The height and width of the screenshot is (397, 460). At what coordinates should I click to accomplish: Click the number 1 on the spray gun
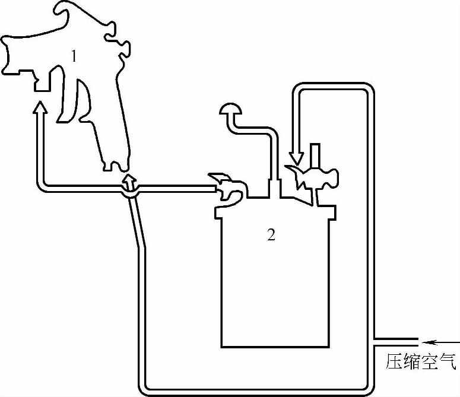74,57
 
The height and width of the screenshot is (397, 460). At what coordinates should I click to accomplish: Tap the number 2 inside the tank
271,236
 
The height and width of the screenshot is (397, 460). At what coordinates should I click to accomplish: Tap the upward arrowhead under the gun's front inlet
39,109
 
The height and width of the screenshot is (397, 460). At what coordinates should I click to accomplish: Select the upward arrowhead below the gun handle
129,179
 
